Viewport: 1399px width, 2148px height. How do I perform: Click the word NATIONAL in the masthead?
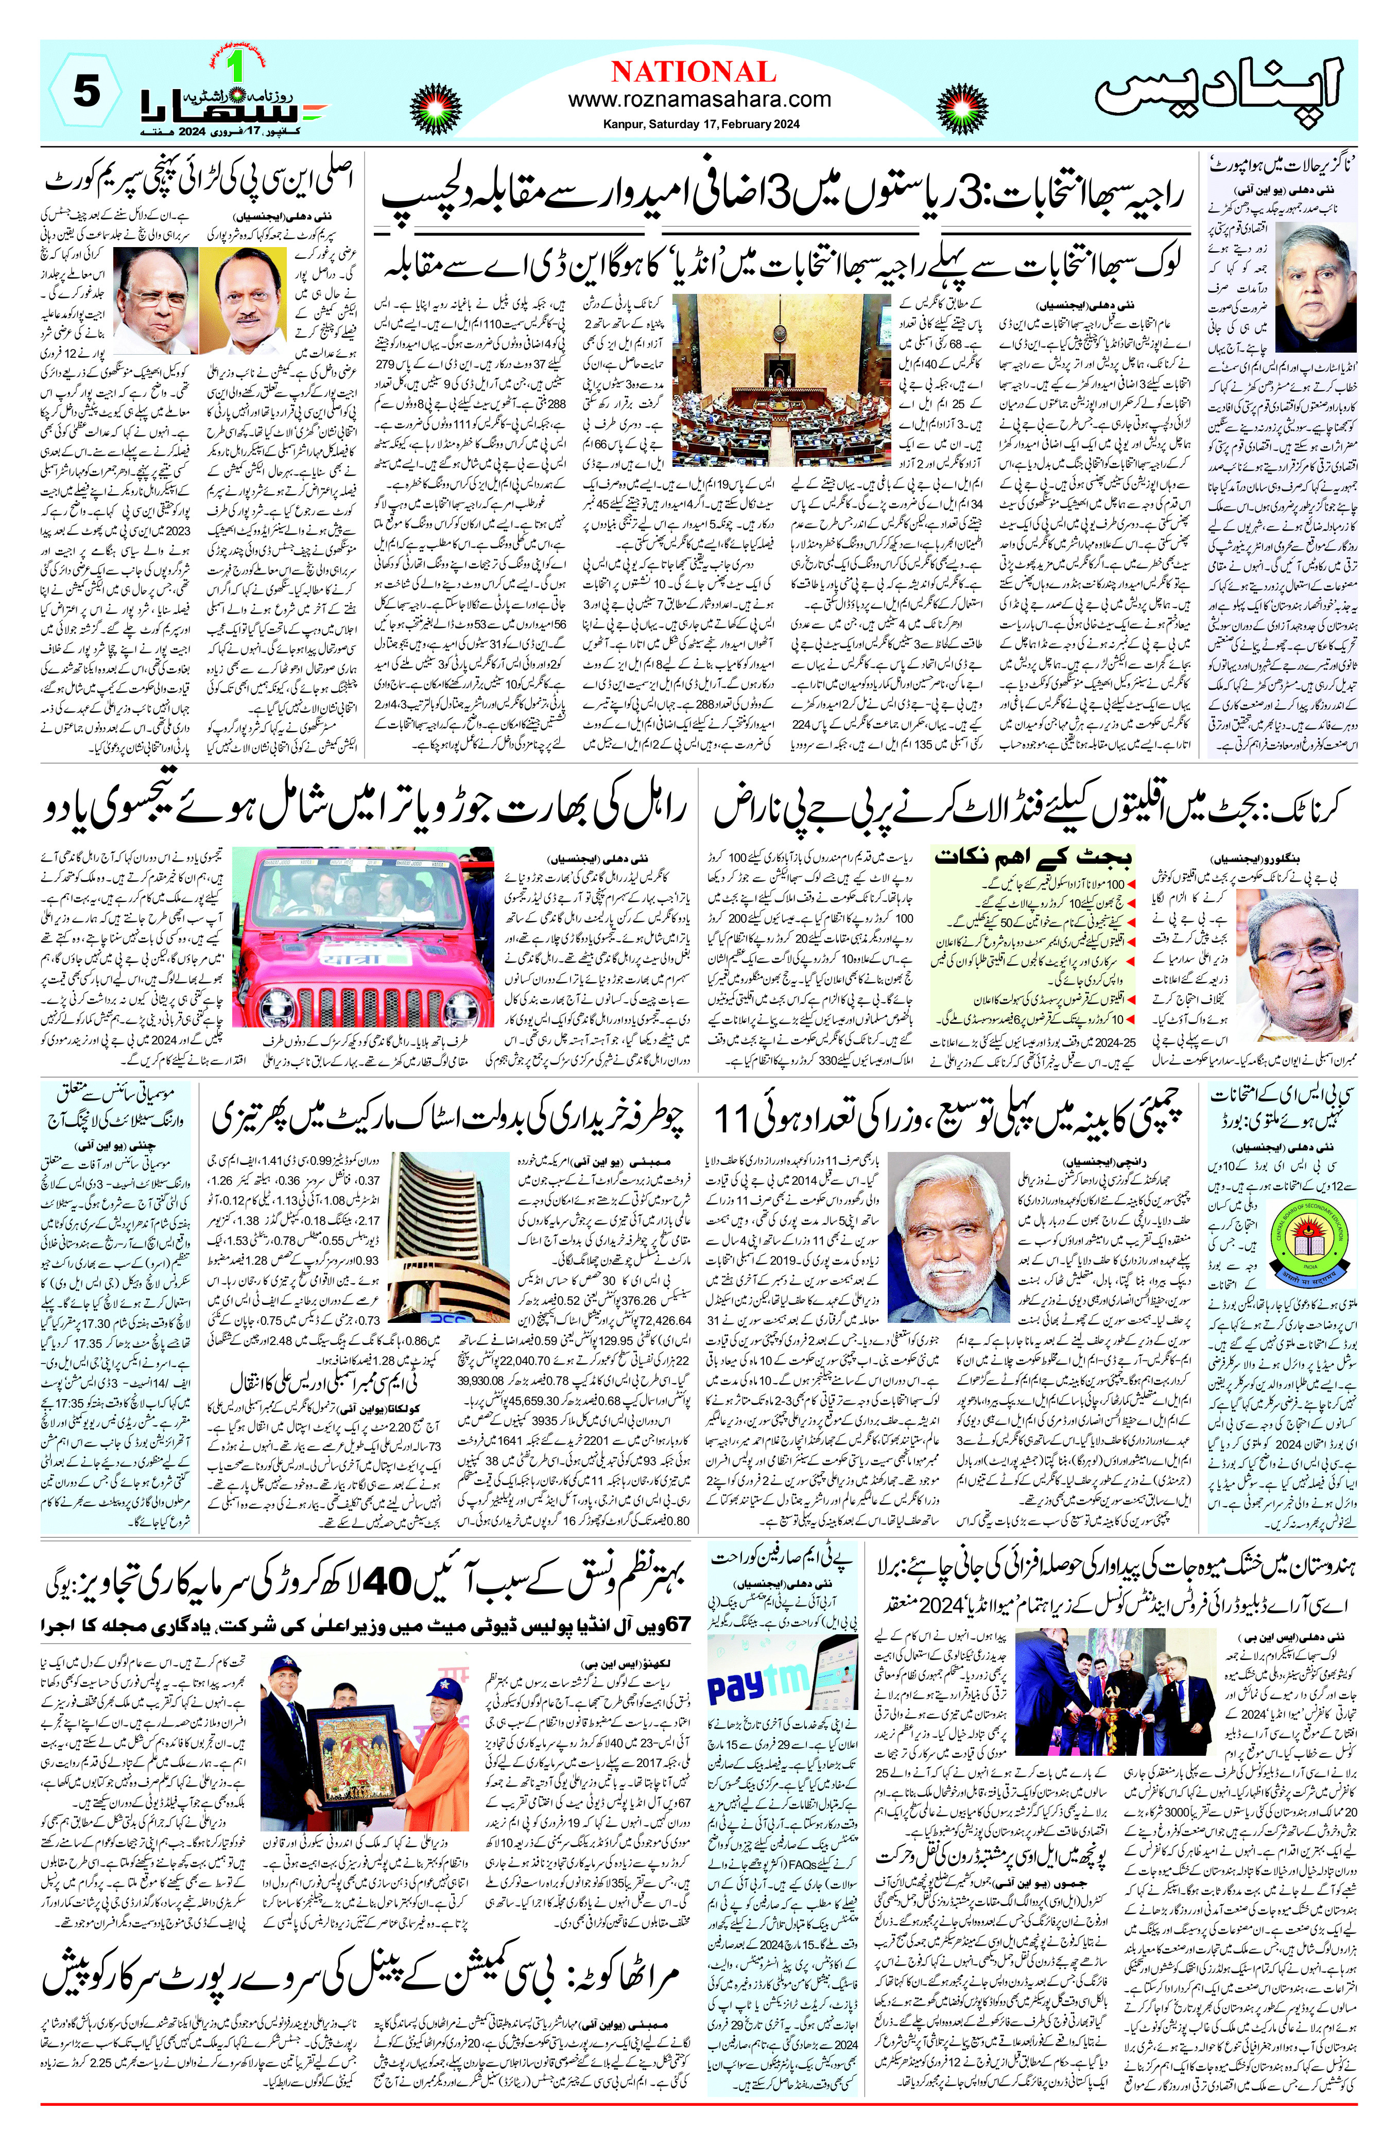coord(693,72)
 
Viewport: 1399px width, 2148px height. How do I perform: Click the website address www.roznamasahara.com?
coord(699,99)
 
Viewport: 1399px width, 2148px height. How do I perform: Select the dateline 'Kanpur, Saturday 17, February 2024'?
coord(699,125)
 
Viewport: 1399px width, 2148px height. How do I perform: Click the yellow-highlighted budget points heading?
coord(1033,855)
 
